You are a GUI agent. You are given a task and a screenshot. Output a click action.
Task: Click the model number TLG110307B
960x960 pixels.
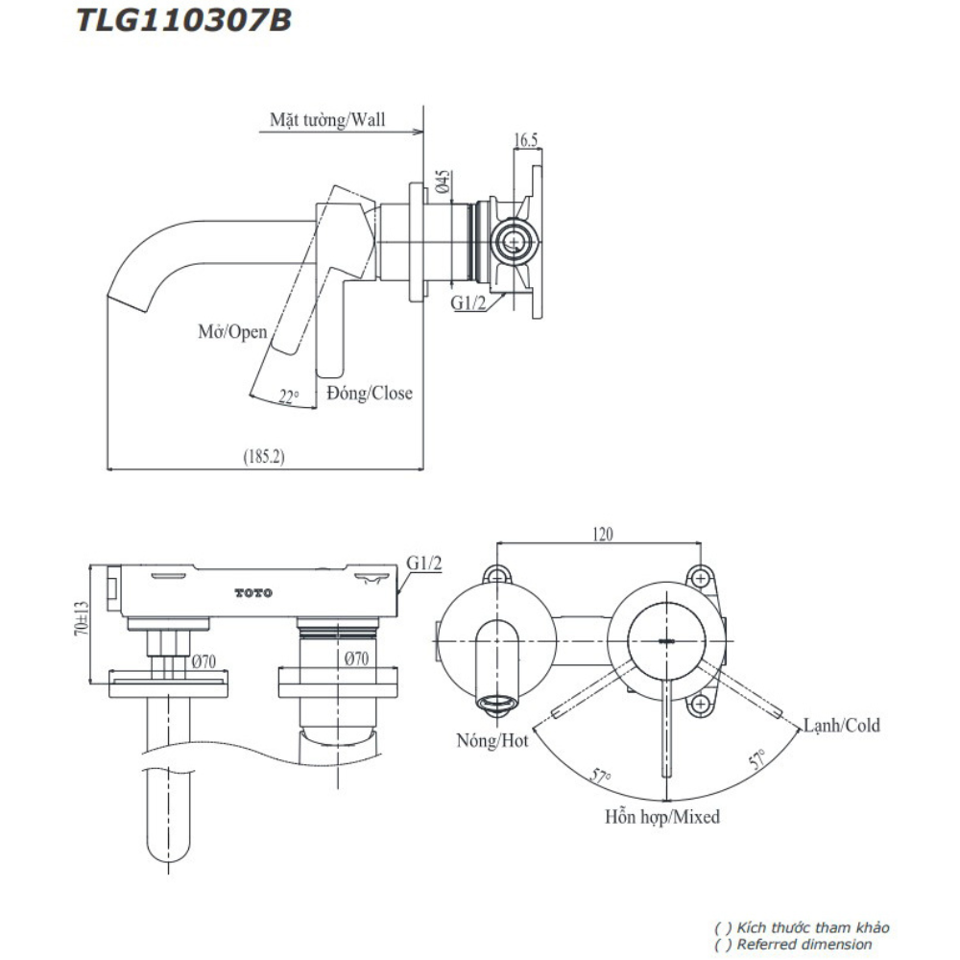183,20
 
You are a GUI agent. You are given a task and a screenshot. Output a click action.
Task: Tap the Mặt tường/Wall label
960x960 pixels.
326,120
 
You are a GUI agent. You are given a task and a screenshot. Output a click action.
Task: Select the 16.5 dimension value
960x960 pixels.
525,140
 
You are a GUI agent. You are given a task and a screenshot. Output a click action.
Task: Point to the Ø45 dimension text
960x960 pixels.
444,181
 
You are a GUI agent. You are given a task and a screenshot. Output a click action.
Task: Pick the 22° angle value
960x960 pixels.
288,396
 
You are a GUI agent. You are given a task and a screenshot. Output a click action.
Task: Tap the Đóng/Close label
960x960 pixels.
370,393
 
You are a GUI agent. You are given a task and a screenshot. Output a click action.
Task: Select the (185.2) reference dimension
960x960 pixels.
263,457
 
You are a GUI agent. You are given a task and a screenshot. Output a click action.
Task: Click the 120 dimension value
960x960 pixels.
602,534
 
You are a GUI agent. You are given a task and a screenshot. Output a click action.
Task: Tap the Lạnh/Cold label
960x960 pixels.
841,725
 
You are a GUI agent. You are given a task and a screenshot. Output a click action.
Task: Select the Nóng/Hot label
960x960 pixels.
493,741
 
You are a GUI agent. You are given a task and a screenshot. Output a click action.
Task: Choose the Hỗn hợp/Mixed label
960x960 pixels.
662,818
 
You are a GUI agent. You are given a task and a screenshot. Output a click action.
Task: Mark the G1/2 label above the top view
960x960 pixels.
423,563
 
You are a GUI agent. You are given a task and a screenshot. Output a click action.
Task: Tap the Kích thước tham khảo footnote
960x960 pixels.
802,927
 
